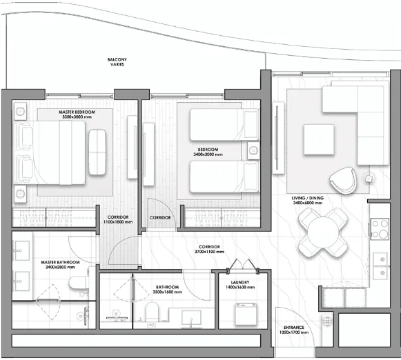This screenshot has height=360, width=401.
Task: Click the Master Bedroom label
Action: (x=77, y=114)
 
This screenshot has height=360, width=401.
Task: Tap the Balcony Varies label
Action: (x=117, y=62)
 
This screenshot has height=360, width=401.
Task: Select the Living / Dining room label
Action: (x=308, y=200)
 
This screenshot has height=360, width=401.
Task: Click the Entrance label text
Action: (x=294, y=328)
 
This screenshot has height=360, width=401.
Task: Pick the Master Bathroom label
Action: (x=60, y=264)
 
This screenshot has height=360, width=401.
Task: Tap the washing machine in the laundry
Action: (x=246, y=314)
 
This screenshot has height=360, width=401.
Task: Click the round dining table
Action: (x=323, y=232)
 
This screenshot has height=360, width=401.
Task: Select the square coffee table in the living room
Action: (x=319, y=139)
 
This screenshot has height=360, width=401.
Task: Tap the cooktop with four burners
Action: (x=380, y=229)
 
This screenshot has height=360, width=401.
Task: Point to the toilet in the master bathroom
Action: (x=78, y=282)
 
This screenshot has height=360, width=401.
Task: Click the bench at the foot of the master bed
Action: (x=97, y=152)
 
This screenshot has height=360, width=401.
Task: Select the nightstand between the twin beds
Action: (x=253, y=151)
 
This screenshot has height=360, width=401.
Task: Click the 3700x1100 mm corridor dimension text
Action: (x=209, y=252)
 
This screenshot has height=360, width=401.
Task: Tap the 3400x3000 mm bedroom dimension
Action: (x=208, y=154)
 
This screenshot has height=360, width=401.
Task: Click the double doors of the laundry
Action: (x=242, y=265)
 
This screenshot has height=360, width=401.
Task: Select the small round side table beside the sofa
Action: (x=369, y=179)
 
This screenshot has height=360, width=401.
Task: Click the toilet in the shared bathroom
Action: (x=152, y=312)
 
